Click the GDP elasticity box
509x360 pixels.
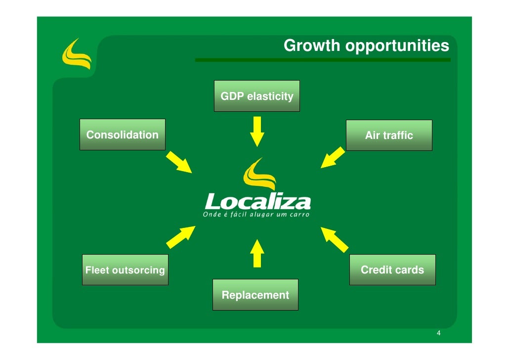[x=256, y=96]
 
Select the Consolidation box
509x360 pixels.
[x=122, y=135]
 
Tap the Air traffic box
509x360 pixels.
[x=389, y=135]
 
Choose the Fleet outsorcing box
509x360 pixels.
[x=125, y=270]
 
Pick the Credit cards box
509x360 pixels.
[x=392, y=270]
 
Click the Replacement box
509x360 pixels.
[x=255, y=295]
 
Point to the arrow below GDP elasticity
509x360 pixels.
[x=257, y=132]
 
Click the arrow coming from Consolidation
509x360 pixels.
[x=179, y=163]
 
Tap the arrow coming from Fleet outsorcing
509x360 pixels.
[x=181, y=237]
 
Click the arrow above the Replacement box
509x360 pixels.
[x=256, y=253]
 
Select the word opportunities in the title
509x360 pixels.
[x=397, y=46]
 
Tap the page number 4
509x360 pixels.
[x=438, y=333]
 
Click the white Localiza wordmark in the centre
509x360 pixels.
[x=257, y=201]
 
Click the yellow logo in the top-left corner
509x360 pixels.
[x=76, y=54]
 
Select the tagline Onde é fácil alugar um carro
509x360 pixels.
[x=256, y=215]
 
